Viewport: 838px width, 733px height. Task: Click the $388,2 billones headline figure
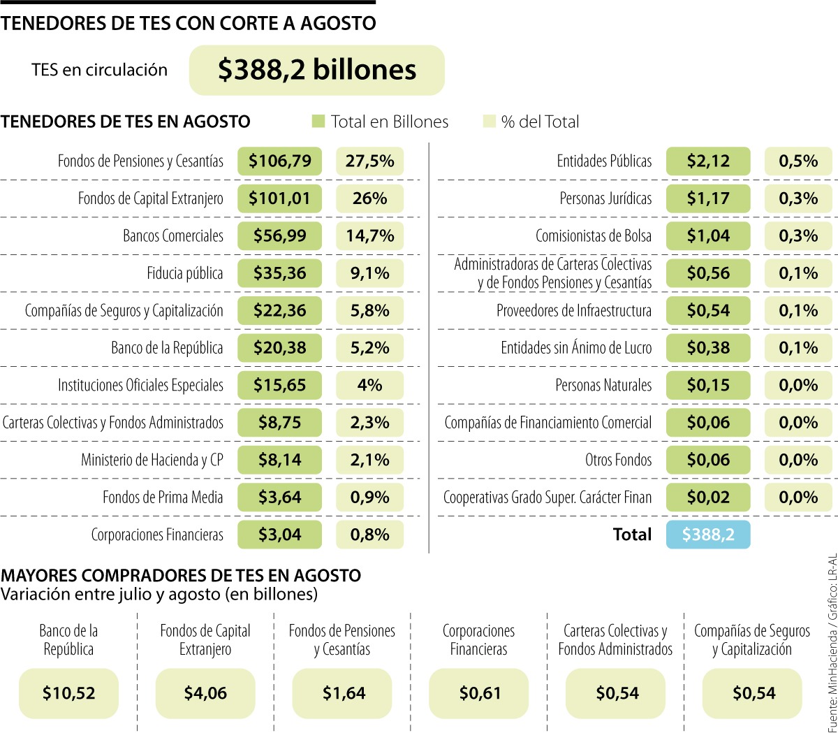tap(316, 70)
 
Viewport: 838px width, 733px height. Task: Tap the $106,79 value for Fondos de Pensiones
tap(279, 161)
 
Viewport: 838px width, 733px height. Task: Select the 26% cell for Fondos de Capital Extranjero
tap(369, 198)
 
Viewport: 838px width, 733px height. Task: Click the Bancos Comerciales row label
tap(173, 236)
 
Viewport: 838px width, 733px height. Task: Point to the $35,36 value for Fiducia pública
tap(279, 273)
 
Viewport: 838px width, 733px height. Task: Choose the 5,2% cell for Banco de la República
tap(369, 348)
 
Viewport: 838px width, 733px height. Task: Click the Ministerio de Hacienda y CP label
tap(152, 460)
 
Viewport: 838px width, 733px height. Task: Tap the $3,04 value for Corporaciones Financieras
tap(279, 535)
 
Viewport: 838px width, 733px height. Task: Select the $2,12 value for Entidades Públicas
tap(708, 161)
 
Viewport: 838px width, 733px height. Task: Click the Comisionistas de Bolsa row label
tap(594, 236)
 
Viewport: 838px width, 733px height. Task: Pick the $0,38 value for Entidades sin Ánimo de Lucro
tap(708, 348)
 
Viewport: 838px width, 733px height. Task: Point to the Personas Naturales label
tap(603, 385)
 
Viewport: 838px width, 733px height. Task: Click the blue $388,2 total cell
tap(708, 535)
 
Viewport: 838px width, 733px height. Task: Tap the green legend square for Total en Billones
tap(318, 122)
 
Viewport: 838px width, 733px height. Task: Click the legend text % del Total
tap(540, 122)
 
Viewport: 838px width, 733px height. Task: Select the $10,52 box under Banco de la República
tap(68, 693)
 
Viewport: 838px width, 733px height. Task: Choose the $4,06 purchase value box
tap(205, 693)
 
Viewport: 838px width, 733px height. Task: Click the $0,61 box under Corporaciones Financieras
tap(479, 693)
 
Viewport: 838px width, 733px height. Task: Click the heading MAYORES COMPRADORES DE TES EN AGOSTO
tap(181, 576)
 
